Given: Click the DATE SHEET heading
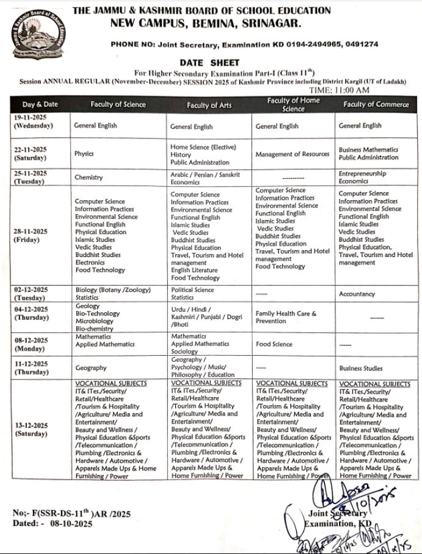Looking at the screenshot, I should [209, 63].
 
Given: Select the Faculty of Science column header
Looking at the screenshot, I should [118, 104].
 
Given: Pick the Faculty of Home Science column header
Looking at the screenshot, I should [293, 104].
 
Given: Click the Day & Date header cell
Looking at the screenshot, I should [40, 104].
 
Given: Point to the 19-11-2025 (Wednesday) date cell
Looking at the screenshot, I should [34, 122].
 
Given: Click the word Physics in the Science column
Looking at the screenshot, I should [84, 154].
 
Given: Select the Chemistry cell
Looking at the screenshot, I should [89, 178].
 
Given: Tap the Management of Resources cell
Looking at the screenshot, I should [293, 154].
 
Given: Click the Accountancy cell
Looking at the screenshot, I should [357, 293].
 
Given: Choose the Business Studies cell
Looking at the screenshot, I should [361, 369].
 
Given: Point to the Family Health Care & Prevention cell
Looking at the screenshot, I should [286, 317].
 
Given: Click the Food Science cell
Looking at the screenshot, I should [274, 344].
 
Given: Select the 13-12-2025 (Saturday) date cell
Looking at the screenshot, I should [32, 430].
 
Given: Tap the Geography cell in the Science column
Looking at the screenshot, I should [91, 368].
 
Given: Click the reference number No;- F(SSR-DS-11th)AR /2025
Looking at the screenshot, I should [71, 514].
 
